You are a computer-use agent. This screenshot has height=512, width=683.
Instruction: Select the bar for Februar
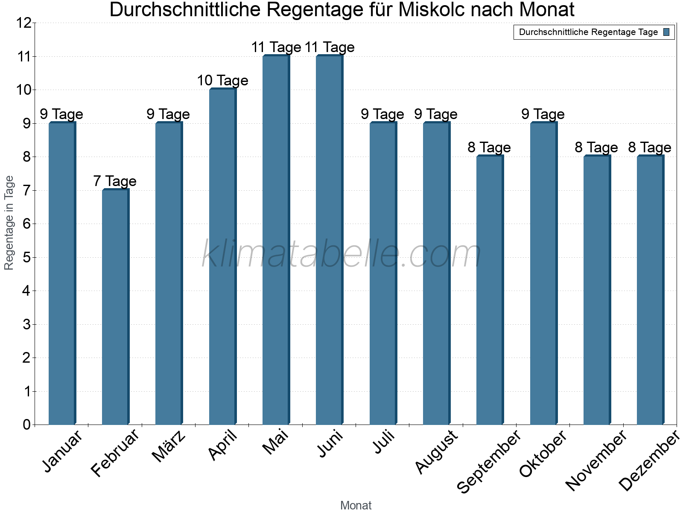point(115,307)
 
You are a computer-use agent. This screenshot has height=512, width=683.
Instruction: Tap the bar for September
point(490,290)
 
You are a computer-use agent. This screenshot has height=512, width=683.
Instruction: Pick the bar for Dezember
point(650,290)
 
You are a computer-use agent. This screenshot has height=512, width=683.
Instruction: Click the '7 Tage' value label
point(115,181)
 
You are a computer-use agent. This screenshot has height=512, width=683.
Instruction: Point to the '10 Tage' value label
point(222,81)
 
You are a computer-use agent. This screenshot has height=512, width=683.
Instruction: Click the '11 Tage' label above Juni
point(330,47)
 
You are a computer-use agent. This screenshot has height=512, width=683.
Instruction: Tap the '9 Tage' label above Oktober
point(543,114)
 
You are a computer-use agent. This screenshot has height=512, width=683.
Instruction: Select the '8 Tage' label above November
point(596,148)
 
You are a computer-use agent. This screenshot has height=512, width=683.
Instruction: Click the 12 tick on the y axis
point(24,23)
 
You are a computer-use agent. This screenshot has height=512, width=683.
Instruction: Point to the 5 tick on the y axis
point(27,258)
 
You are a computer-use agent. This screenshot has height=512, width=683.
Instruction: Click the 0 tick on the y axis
point(27,425)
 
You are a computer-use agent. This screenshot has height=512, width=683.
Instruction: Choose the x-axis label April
point(223,445)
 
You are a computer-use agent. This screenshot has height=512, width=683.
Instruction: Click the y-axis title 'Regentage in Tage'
point(9,223)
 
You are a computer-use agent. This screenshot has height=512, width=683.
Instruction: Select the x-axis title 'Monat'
point(356,505)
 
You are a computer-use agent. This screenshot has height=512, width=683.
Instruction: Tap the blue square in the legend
point(666,32)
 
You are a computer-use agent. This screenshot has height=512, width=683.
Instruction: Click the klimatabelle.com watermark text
point(341,255)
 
